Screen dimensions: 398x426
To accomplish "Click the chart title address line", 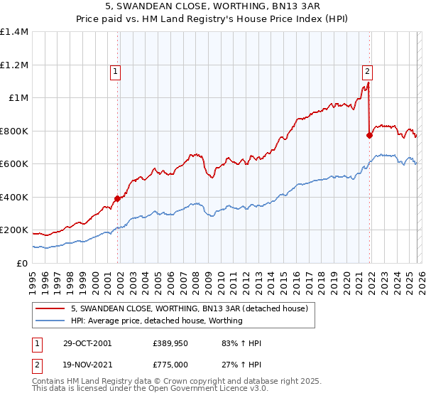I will point(213,6).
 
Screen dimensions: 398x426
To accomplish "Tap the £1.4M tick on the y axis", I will point(14,32).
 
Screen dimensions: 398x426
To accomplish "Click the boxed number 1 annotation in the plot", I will point(114,70).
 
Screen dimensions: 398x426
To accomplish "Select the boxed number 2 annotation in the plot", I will point(367,70).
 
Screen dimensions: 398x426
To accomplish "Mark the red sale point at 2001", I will point(118,199).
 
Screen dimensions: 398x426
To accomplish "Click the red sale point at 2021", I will point(369,135).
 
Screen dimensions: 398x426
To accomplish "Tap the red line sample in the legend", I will point(51,309).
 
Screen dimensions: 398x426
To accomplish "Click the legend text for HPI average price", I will point(156,321).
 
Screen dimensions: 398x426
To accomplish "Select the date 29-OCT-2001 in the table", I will point(87,343).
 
